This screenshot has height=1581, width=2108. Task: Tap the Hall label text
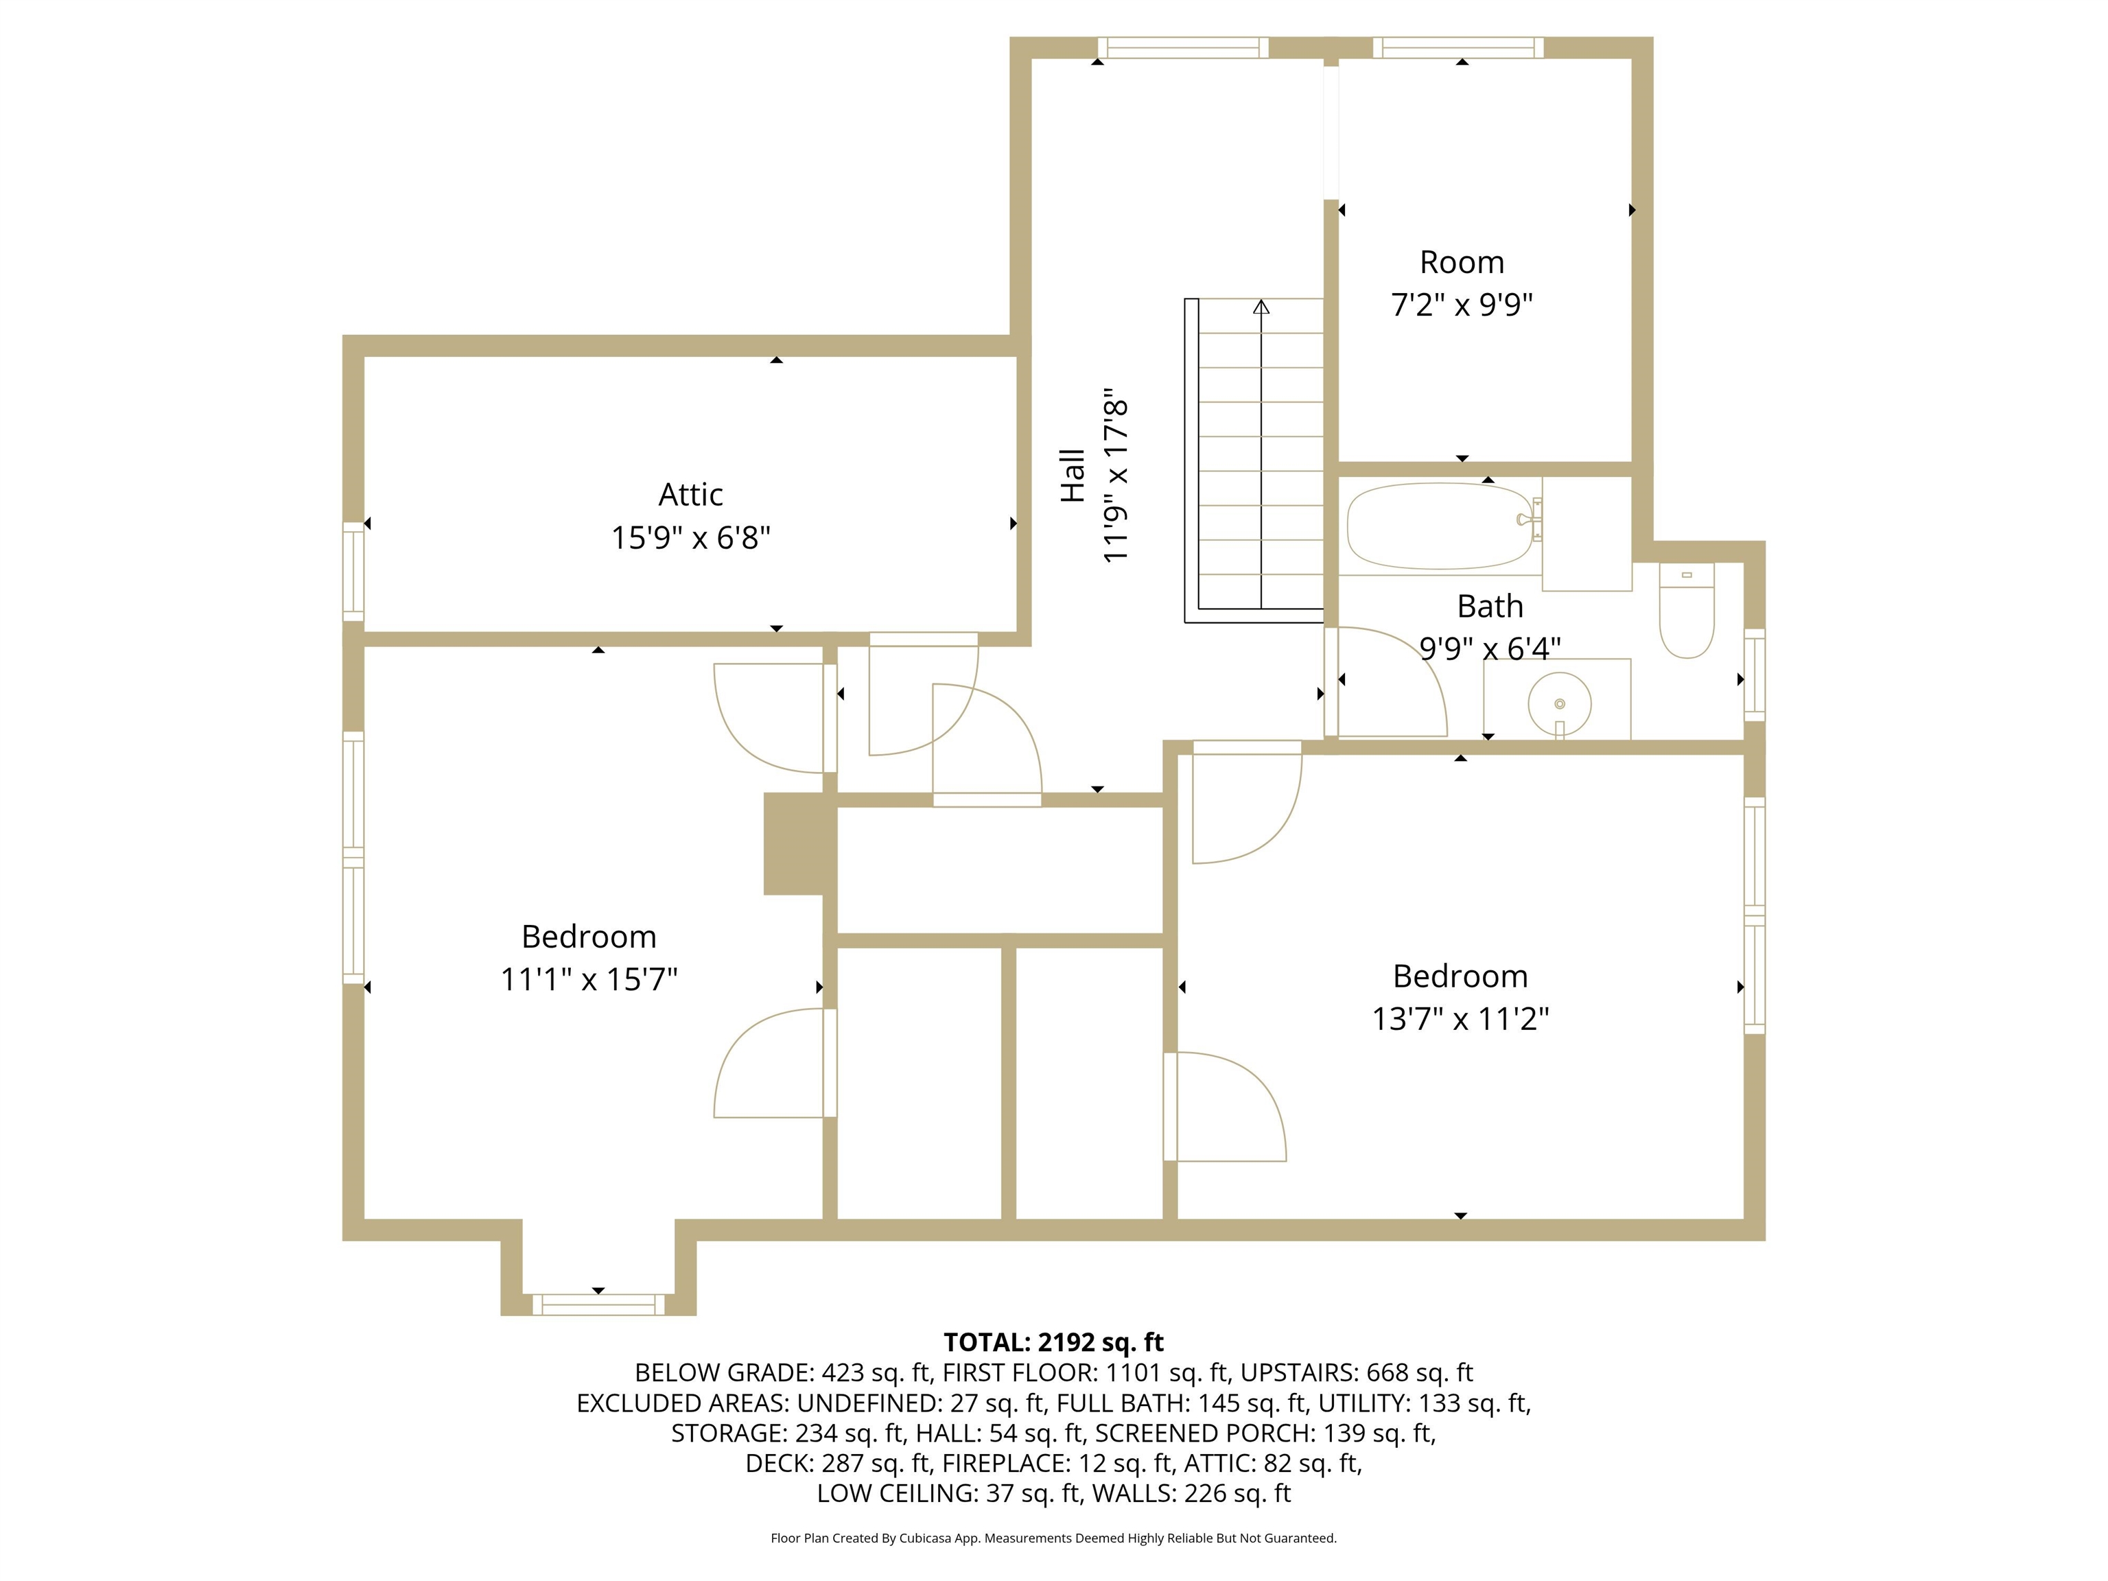pos(1073,476)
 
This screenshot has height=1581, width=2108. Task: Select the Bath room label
pos(1490,606)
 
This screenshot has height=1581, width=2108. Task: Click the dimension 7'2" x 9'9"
pos(1461,305)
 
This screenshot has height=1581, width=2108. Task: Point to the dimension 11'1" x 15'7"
pos(589,980)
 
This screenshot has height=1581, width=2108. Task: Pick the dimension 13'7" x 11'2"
pos(1460,1019)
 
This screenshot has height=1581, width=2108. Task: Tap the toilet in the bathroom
pos(1687,610)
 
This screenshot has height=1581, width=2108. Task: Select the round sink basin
pos(1559,704)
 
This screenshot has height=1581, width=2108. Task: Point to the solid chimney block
pos(794,843)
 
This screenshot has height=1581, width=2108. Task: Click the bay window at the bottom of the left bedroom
pos(598,1304)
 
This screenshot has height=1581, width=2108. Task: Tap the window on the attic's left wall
pos(353,571)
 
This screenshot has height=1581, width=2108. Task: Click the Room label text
pos(1461,262)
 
